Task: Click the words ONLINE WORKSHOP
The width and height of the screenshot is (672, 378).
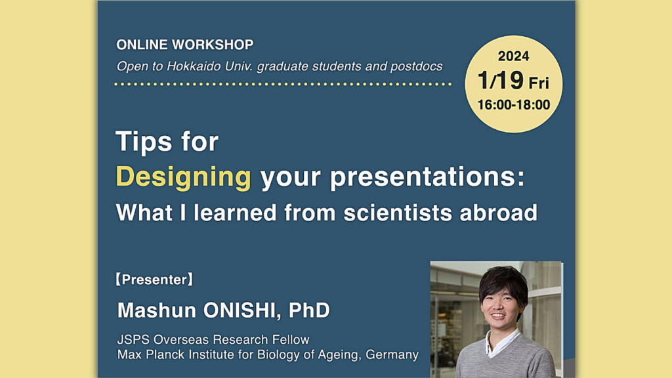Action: tap(184, 45)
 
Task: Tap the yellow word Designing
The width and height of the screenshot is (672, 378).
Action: tap(183, 178)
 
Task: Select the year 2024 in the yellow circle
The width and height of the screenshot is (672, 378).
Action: tap(513, 56)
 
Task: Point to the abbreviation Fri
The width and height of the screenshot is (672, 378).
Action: tap(539, 83)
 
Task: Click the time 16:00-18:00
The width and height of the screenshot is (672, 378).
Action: tap(513, 105)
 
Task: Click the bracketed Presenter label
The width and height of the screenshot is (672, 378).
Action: tap(154, 280)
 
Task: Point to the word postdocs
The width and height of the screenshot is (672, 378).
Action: tap(417, 66)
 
